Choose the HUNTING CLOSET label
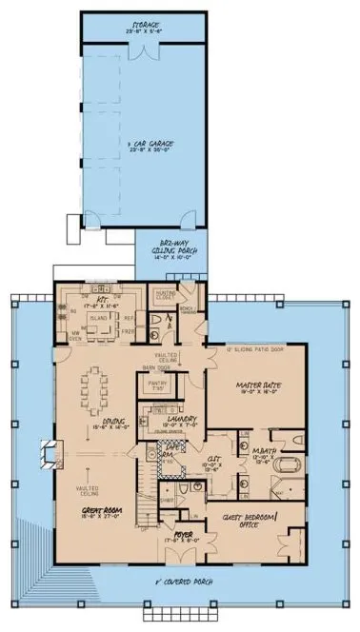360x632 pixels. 166,297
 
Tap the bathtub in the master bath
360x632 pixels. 289,467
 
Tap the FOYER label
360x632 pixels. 177,547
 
